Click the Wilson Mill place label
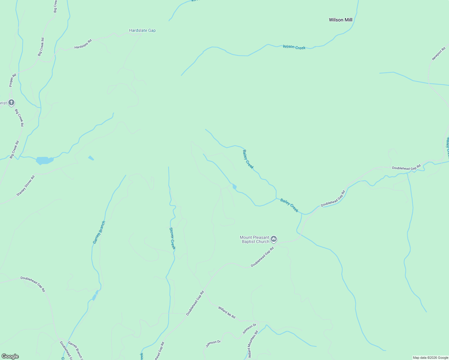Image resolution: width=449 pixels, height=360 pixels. (x=340, y=20)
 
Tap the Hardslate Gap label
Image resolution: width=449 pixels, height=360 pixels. (x=142, y=30)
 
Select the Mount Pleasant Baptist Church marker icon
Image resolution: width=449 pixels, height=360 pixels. (x=273, y=239)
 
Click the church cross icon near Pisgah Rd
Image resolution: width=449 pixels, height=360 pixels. (x=11, y=103)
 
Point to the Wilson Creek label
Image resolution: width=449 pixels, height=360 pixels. (x=294, y=47)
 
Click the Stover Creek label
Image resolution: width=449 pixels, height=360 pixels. (x=172, y=238)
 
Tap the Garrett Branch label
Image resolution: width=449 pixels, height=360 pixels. (x=99, y=232)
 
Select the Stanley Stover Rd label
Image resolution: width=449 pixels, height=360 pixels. (x=26, y=186)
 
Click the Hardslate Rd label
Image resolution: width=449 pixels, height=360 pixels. (x=83, y=44)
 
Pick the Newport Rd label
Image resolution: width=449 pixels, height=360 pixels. (x=438, y=54)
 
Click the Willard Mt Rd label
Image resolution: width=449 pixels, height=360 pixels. (x=227, y=312)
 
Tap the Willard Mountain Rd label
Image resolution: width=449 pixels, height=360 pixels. (x=253, y=344)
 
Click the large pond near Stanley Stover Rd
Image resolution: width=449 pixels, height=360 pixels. (x=44, y=160)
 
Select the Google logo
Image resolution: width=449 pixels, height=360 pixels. (x=10, y=356)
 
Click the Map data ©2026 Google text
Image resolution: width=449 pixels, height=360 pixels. (x=430, y=358)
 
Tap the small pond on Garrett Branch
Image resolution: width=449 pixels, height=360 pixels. (x=94, y=297)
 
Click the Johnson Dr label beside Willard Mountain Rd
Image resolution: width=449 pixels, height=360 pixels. (x=249, y=329)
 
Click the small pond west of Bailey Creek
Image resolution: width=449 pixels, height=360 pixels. (x=234, y=187)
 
